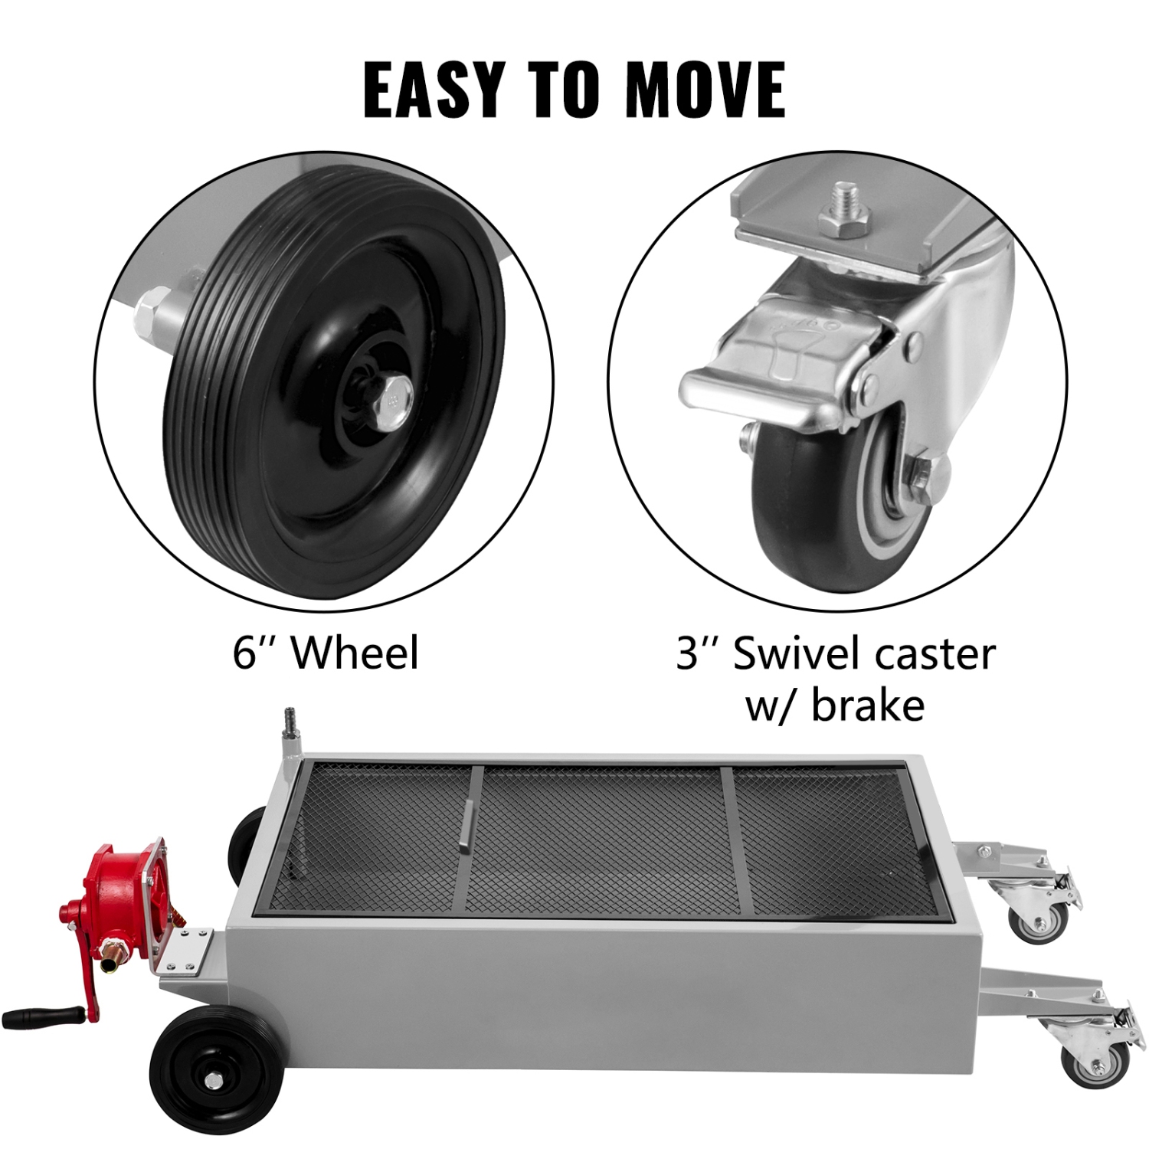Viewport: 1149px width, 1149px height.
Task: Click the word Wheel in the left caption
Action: coord(355,653)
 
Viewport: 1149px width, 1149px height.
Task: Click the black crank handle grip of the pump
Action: coord(34,1019)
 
